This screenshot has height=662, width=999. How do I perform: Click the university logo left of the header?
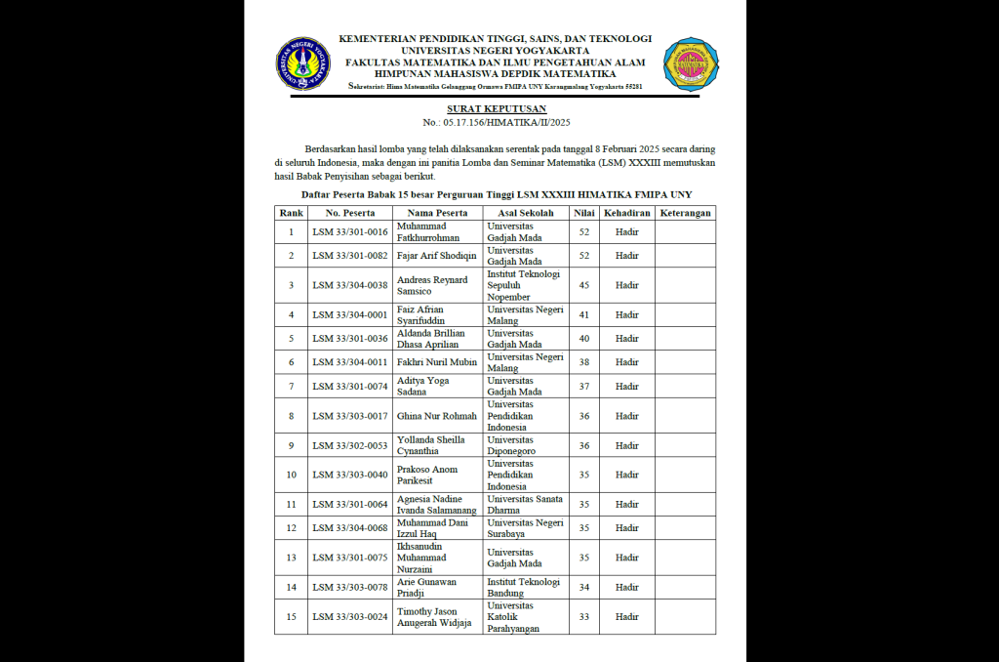[302, 63]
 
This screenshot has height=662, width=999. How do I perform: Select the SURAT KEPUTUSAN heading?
[496, 108]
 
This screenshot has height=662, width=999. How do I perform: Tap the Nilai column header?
[583, 212]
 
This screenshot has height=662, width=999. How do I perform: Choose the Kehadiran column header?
[626, 212]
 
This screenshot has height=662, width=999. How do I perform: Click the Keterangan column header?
[685, 212]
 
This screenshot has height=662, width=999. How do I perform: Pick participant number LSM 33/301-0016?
[349, 232]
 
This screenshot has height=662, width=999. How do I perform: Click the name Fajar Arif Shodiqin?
[436, 256]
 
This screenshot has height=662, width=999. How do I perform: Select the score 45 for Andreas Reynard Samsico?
[583, 285]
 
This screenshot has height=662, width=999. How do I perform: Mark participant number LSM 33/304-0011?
[349, 362]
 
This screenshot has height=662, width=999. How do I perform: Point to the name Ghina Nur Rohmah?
[436, 416]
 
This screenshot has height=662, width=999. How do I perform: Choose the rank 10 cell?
[291, 475]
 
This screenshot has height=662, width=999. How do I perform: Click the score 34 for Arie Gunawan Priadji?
[583, 587]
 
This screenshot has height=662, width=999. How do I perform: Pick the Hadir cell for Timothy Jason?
[626, 617]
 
